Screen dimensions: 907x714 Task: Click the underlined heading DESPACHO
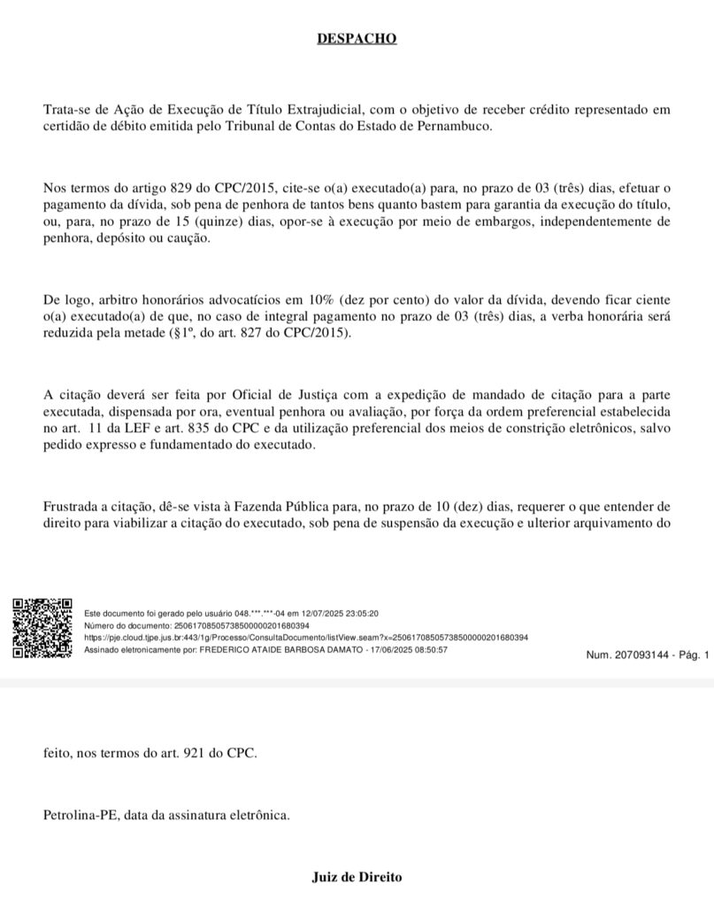pyautogui.click(x=357, y=39)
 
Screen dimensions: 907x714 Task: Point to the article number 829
pyautogui.click(x=174, y=187)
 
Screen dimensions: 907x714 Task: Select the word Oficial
pyautogui.click(x=202, y=397)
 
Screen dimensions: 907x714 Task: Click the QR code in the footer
pyautogui.click(x=42, y=628)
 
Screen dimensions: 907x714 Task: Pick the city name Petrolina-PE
pyautogui.click(x=81, y=815)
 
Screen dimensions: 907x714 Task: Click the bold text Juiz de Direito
pyautogui.click(x=357, y=877)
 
